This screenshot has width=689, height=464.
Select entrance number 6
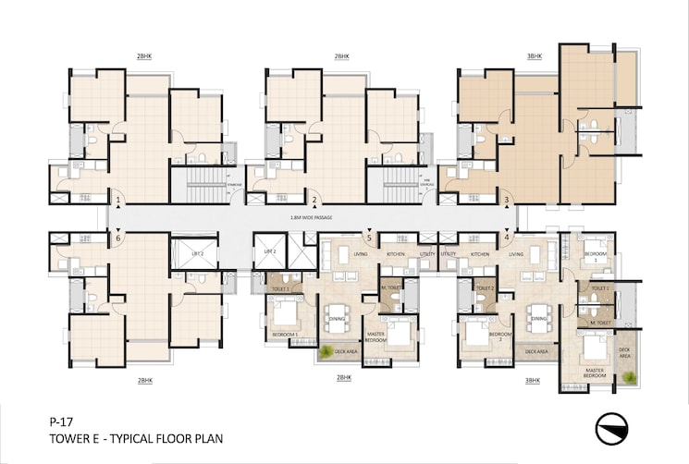click(x=118, y=238)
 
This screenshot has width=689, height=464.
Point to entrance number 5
click(x=369, y=238)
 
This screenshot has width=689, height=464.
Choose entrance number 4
click(x=507, y=238)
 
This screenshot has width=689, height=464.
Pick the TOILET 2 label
click(x=486, y=288)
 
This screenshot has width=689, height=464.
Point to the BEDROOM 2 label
click(x=500, y=336)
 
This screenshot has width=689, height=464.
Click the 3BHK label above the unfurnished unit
click(x=534, y=56)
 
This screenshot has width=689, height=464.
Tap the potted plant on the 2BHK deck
click(x=326, y=350)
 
